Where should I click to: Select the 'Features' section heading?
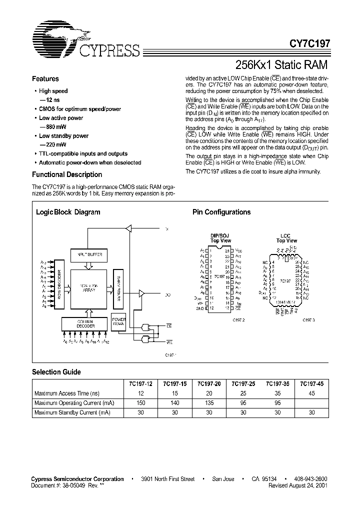pyautogui.click(x=45, y=79)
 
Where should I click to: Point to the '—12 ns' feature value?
pyautogui.click(x=49, y=100)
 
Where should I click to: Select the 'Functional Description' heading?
pyautogui.click(x=66, y=174)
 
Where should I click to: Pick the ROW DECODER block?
pyautogui.click(x=59, y=283)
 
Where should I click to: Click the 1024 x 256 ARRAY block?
pyautogui.click(x=89, y=289)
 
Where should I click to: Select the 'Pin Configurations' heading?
pyautogui.click(x=221, y=212)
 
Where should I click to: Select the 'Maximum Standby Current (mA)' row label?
pyautogui.click(x=71, y=412)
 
